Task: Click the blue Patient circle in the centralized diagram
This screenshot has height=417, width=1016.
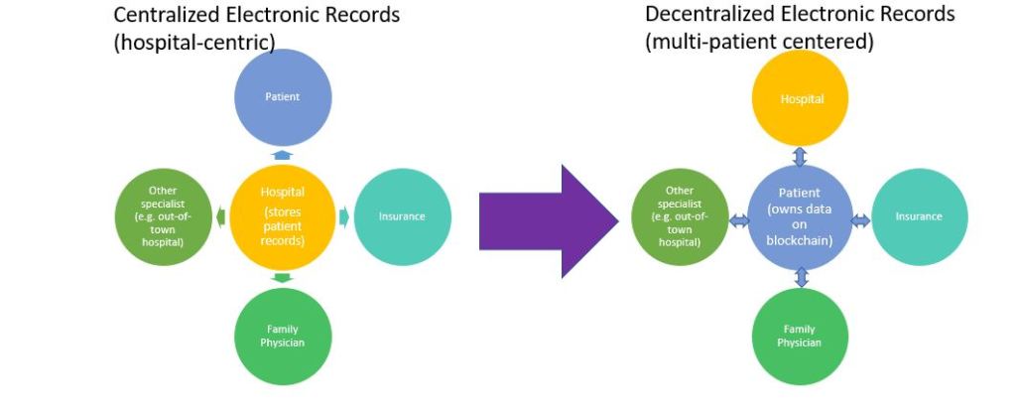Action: [282, 96]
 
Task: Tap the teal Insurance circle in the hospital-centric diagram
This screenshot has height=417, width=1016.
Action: [402, 216]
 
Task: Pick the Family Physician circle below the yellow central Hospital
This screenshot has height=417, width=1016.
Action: [283, 336]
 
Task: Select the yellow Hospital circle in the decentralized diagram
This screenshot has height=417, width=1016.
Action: [801, 98]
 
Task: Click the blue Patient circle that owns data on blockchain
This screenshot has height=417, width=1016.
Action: [800, 216]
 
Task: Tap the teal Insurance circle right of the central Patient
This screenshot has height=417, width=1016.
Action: [918, 216]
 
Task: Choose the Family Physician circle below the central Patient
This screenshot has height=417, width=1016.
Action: [800, 336]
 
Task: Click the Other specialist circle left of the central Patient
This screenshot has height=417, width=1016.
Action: [680, 216]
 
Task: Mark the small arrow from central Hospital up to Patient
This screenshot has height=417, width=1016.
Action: [283, 155]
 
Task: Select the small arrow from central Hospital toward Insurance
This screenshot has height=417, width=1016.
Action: [343, 216]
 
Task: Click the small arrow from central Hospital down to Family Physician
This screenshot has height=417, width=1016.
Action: [283, 278]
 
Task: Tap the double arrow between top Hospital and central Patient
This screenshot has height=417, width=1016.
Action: [800, 157]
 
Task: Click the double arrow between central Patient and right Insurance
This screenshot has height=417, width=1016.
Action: [859, 219]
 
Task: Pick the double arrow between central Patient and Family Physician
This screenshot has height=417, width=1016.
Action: [801, 276]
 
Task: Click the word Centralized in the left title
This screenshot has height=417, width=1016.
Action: [173, 15]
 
